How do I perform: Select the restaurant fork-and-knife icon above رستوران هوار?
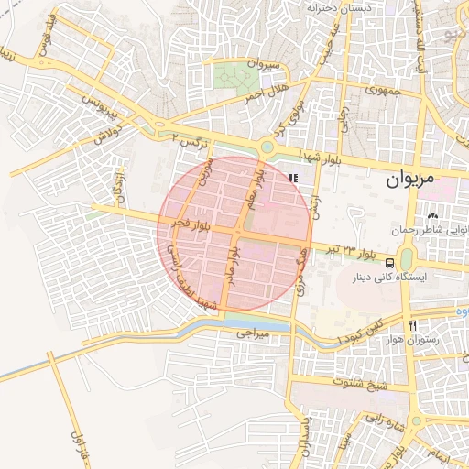pyautogui.click(x=413, y=325)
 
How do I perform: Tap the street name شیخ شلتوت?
pyautogui.click(x=361, y=381)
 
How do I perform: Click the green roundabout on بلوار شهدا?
pyautogui.click(x=267, y=146)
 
